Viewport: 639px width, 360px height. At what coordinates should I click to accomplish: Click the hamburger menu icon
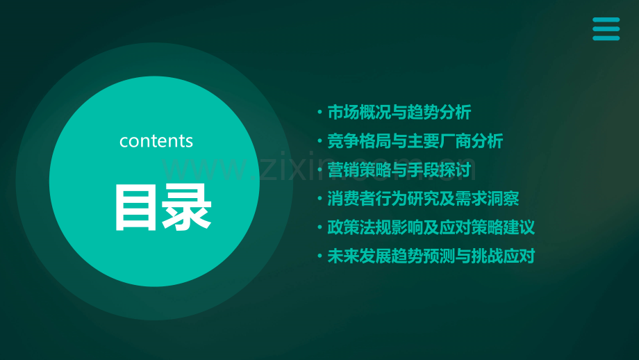pos(606,29)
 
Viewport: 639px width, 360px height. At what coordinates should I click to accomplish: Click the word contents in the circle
pos(156,141)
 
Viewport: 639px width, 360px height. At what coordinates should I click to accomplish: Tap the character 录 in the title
pos(187,207)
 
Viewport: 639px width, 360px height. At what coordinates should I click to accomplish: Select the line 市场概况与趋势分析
pos(399,112)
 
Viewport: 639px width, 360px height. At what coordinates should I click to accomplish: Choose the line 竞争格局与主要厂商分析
pos(415,141)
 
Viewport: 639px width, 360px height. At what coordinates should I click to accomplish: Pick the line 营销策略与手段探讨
pos(399,170)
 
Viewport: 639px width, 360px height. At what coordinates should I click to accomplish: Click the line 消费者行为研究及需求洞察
pos(423,199)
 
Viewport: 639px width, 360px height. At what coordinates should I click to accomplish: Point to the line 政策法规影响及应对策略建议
pos(431,227)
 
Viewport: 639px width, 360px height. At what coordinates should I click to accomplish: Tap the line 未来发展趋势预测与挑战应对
pos(431,256)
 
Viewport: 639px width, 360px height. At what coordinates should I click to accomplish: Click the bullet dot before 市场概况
pos(319,113)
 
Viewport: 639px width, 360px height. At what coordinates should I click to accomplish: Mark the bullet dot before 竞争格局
pos(319,142)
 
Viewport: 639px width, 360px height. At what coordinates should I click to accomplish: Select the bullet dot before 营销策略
pos(319,170)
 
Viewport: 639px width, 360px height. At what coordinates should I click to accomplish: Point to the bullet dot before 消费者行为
pos(319,199)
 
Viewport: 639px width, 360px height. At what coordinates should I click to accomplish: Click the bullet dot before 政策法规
pos(319,228)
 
